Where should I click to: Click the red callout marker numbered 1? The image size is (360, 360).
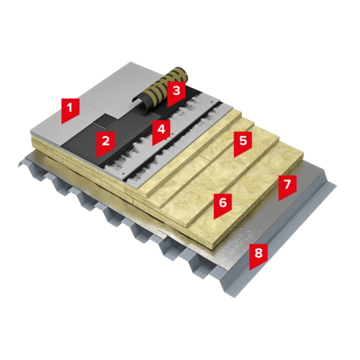70,109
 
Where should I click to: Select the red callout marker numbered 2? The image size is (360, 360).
106,143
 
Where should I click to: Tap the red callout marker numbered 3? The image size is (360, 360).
176,93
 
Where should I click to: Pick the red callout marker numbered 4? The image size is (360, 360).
161,131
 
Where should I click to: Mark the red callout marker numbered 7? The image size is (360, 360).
287,186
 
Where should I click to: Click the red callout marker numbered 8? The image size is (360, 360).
258,256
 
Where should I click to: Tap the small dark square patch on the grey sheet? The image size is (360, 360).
105,120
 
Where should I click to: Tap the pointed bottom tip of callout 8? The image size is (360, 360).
250,270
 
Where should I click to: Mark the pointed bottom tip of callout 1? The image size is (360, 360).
62,124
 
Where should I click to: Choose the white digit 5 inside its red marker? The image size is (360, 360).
243,140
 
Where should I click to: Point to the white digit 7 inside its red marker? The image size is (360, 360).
287,184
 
